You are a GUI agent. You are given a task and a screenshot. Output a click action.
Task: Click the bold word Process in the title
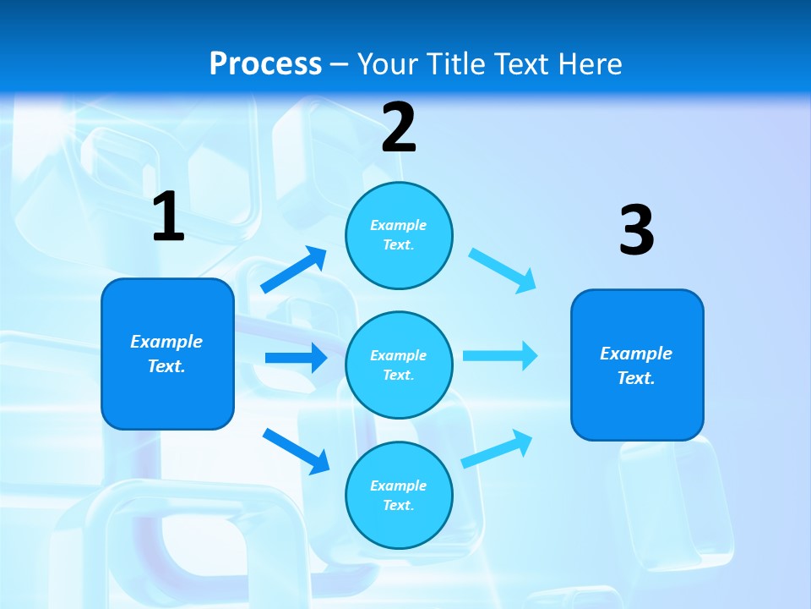point(265,63)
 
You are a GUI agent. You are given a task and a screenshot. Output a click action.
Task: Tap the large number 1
point(168,217)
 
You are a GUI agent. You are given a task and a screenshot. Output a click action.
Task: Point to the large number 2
point(399,128)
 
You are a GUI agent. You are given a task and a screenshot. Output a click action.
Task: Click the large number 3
point(636,230)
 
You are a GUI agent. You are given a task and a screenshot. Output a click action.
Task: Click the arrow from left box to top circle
point(294,270)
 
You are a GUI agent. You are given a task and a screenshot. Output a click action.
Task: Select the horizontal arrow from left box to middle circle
point(296,358)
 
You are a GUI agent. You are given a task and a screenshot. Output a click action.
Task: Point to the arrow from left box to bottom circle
point(296,451)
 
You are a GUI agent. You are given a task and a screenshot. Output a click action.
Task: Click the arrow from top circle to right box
point(503,270)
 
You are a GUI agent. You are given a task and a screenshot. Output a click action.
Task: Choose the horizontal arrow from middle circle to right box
point(500,355)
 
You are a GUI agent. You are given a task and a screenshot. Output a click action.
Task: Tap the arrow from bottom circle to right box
point(497,449)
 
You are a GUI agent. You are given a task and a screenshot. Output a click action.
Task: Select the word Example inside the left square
point(166,342)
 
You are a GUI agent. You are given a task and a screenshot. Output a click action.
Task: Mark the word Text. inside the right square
point(636,378)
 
